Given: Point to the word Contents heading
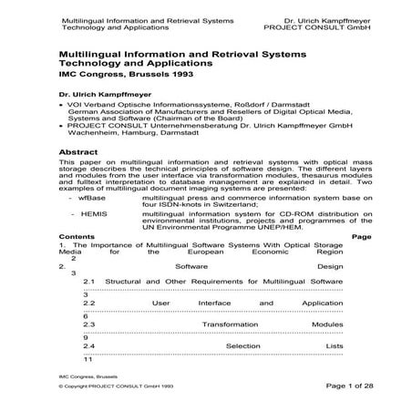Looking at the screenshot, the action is coord(77,237).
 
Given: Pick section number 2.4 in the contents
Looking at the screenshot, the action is coord(89,346).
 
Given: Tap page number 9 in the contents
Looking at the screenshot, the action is coord(86,338).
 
